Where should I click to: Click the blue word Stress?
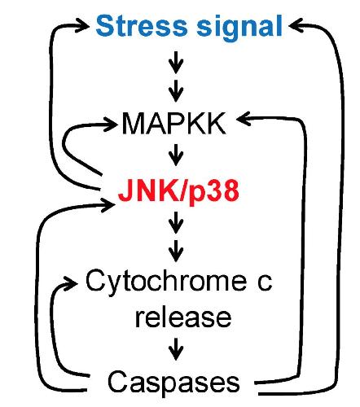(142, 26)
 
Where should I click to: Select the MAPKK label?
(173, 124)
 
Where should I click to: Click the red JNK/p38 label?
(178, 191)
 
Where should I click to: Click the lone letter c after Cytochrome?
(265, 283)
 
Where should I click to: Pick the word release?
(183, 317)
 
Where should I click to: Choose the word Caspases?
(173, 382)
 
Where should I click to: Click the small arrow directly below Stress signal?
(176, 62)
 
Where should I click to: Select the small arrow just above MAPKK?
(176, 91)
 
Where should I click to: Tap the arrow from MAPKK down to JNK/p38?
(176, 155)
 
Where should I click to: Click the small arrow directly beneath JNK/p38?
(176, 222)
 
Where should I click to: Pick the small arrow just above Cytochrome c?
(176, 251)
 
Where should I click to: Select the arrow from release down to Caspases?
(176, 349)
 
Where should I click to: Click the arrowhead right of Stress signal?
(296, 25)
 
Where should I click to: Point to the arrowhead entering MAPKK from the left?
(110, 125)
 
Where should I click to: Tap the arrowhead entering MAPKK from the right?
(244, 119)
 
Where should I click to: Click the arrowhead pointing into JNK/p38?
(108, 205)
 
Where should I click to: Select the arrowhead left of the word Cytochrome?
(70, 283)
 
